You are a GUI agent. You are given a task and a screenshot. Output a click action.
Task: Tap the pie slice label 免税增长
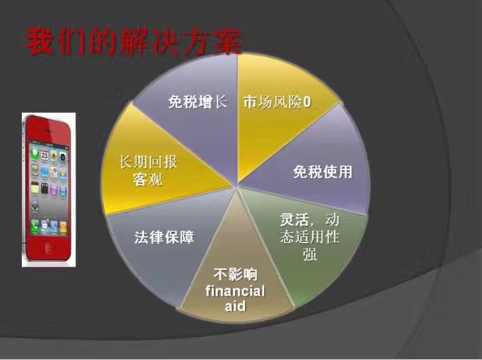[197, 102]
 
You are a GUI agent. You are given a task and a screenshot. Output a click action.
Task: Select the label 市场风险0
[277, 102]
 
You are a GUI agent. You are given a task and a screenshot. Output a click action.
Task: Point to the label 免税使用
[323, 172]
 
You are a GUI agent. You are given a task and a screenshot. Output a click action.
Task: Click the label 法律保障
[164, 237]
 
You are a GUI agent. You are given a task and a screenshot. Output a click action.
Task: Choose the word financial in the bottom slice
[235, 291]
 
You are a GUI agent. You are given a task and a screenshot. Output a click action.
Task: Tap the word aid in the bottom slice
[235, 306]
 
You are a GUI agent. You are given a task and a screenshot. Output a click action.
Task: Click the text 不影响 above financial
[235, 274]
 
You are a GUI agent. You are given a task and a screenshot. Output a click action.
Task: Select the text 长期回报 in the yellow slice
[148, 162]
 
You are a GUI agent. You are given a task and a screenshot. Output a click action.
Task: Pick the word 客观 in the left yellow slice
[147, 179]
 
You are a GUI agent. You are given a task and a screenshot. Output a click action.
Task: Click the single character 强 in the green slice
[309, 254]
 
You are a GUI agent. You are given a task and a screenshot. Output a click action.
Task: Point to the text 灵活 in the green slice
[294, 219]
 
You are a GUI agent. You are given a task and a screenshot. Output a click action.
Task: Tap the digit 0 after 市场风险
[307, 102]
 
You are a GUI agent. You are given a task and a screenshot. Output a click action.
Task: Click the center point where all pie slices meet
[237, 186]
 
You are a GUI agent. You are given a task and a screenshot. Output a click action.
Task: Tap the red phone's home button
[48, 248]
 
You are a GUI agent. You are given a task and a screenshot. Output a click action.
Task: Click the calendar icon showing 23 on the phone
[44, 155]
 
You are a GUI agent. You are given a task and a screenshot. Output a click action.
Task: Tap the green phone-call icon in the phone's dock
[35, 225]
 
